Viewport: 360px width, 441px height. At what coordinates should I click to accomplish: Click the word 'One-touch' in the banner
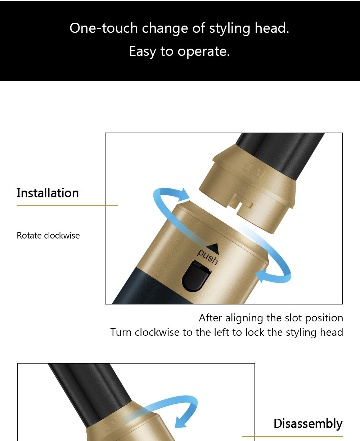coord(104,28)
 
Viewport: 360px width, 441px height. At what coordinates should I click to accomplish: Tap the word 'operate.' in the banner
coord(204,51)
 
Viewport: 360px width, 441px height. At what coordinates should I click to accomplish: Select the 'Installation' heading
coord(48,193)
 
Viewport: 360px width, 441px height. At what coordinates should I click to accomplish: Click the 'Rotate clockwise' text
coord(48,235)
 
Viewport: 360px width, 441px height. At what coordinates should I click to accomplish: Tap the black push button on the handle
coord(197,276)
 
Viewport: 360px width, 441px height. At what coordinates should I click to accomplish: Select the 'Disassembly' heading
coord(308,423)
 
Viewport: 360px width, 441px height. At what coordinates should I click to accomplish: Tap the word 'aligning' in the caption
coord(244,318)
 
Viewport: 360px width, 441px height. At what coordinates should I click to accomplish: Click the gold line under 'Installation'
coord(67,206)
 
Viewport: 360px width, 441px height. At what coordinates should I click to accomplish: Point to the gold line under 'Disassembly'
coord(292,436)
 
